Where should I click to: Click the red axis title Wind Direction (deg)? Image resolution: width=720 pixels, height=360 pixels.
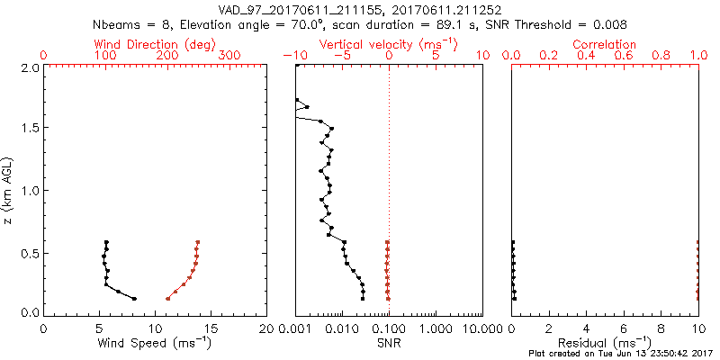coord(156,44)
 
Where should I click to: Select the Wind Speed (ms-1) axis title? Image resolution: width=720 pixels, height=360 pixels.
coord(156,343)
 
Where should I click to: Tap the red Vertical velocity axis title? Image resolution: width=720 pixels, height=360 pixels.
coord(388,44)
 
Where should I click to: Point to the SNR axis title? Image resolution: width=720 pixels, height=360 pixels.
coord(388,343)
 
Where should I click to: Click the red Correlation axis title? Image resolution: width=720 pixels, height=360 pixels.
coord(605,44)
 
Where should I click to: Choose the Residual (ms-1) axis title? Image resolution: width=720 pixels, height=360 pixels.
coord(605,343)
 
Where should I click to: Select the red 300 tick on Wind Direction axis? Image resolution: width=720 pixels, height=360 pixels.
coord(230,56)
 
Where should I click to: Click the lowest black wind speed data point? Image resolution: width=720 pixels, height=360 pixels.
coord(135,299)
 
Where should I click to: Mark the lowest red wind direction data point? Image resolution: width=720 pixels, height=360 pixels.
coord(167,299)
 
